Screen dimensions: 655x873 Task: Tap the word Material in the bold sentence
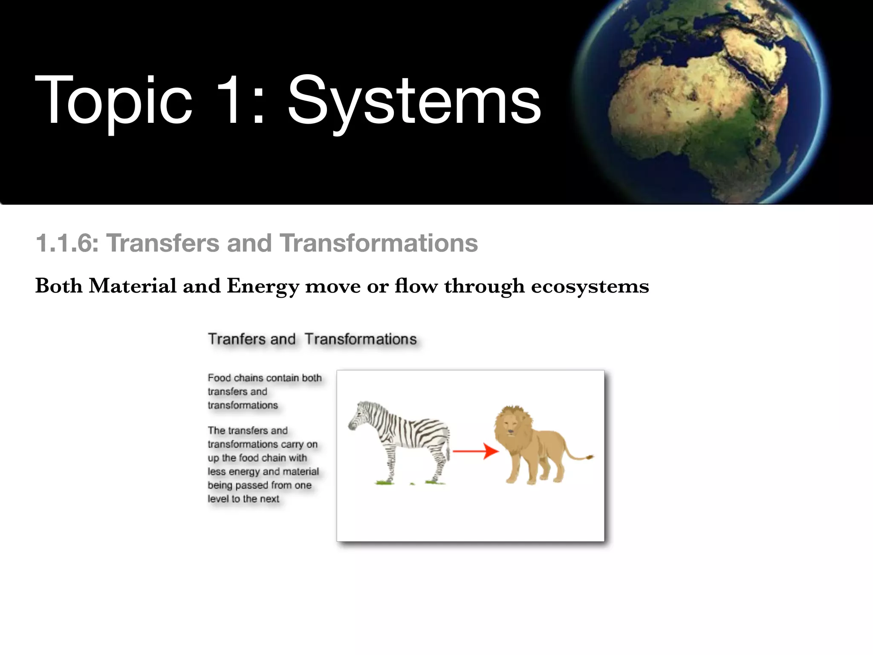coord(133,285)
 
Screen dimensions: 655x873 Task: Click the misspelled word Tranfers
coord(237,339)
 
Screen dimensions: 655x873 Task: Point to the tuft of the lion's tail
coord(590,457)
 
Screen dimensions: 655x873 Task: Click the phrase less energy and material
coord(263,472)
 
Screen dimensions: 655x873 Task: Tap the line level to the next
coord(243,499)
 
